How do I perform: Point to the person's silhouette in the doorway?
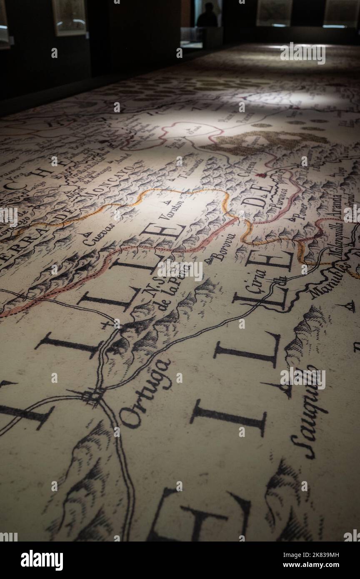click(207, 15)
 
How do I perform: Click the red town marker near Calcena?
click(261, 175)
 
